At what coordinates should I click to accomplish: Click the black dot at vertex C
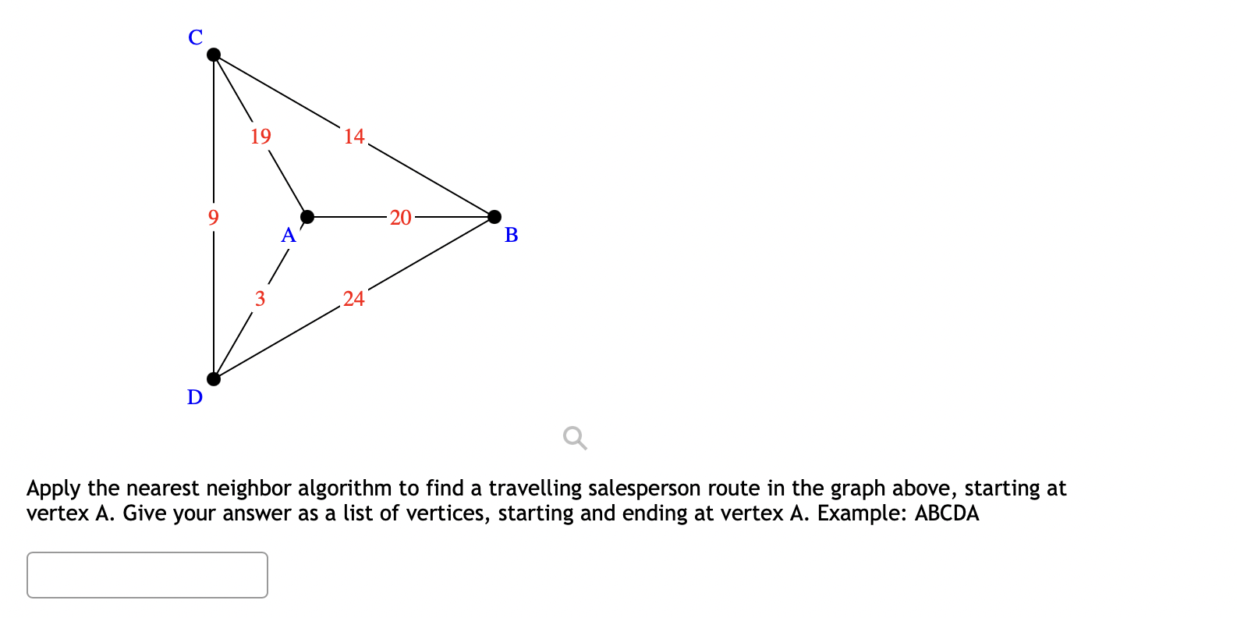tap(214, 55)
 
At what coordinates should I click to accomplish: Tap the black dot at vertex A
tap(307, 216)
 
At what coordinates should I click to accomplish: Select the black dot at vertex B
tap(494, 216)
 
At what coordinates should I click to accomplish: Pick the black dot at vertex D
tap(214, 378)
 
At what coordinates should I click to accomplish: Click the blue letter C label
tap(196, 37)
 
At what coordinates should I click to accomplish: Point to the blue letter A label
tap(289, 235)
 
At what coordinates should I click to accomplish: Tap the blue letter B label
tap(512, 235)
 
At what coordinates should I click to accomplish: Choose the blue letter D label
tap(195, 397)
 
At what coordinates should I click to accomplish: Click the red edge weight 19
tap(261, 137)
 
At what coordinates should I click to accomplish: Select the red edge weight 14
tap(354, 137)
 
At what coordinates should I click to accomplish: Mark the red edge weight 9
tap(214, 217)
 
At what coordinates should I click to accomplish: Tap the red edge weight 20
tap(401, 218)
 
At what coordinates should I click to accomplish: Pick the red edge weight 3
tap(260, 299)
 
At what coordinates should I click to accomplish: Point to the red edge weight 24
tap(354, 299)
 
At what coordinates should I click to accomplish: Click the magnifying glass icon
tap(575, 438)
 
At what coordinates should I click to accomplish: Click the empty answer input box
tap(147, 575)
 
